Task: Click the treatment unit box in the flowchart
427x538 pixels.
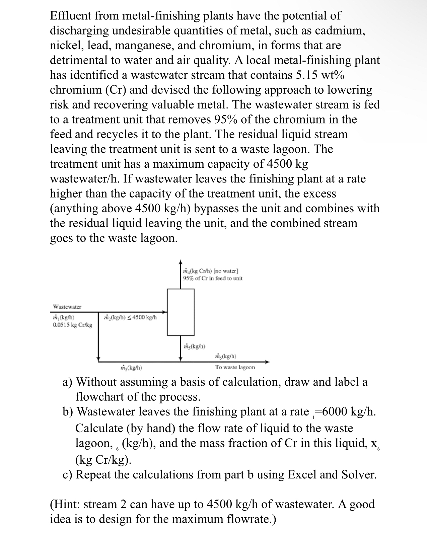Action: coord(181,312)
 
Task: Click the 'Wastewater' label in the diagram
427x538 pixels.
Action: coord(67,307)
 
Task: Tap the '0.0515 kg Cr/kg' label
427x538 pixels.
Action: coord(72,325)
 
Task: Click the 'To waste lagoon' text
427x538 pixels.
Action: coord(235,367)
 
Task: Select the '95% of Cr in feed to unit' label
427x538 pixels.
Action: coord(213,278)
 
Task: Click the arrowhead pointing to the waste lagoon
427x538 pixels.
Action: coord(267,362)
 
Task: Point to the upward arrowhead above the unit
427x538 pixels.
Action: coord(181,262)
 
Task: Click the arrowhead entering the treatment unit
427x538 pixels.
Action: coord(165,312)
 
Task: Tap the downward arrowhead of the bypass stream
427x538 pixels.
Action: coord(98,359)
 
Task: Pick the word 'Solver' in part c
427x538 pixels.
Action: coord(358,475)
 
